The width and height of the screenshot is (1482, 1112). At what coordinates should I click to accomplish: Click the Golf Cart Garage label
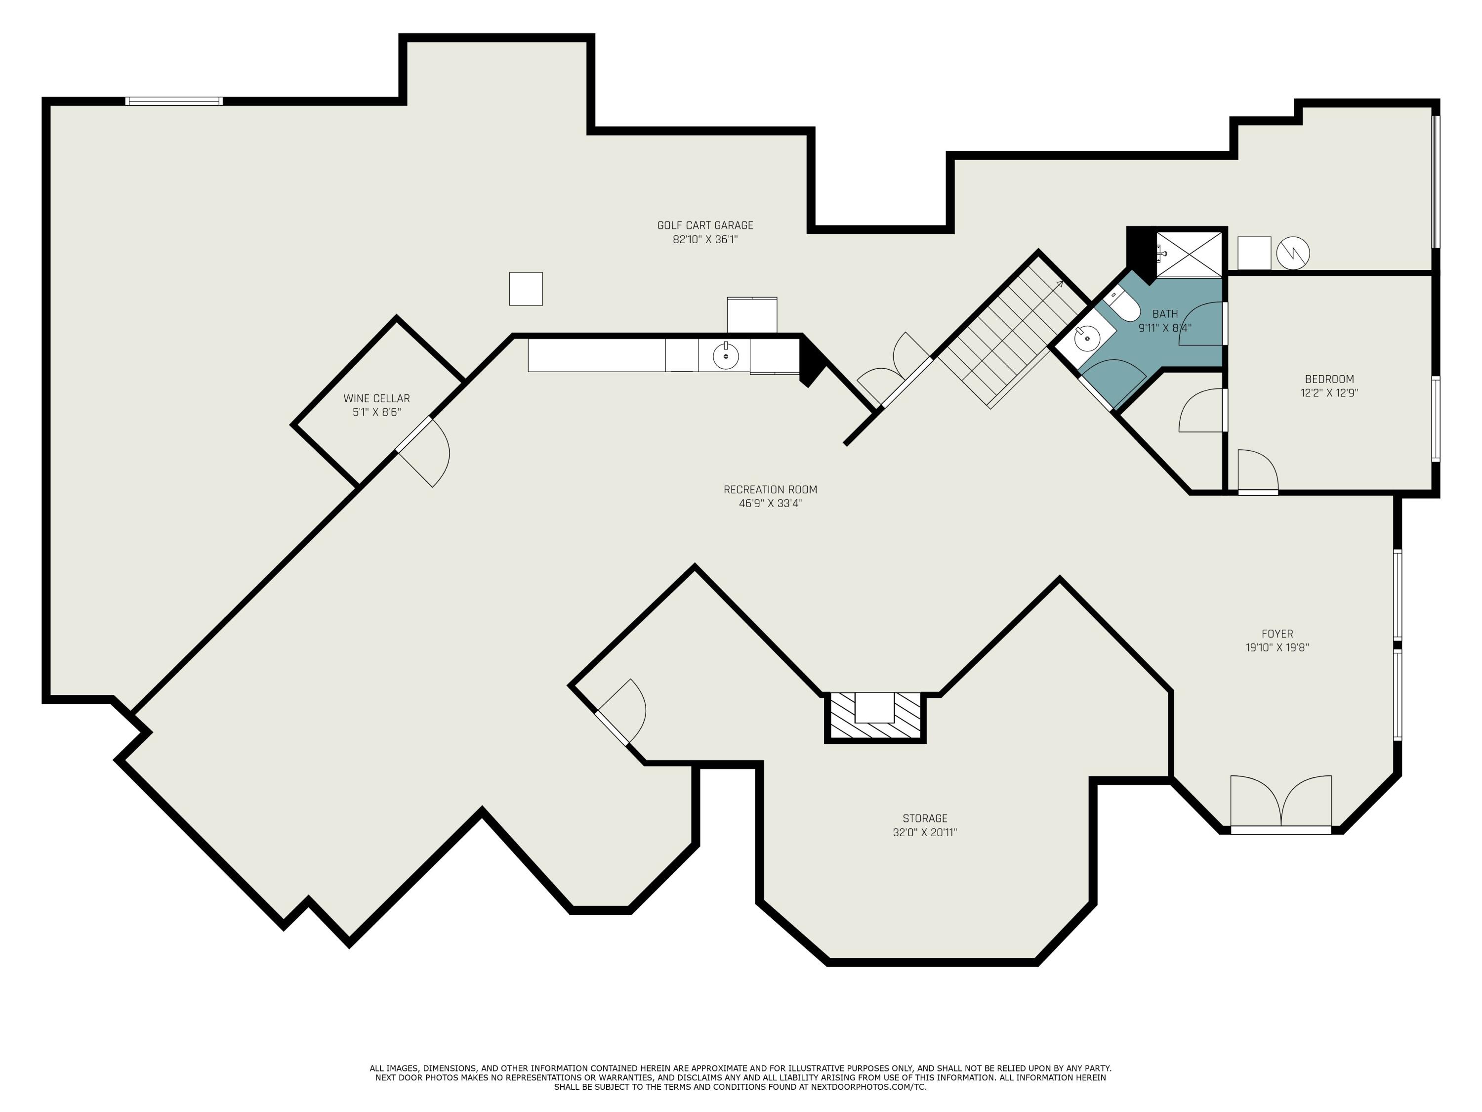[705, 226]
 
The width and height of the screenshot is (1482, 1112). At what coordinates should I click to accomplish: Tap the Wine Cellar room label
[376, 399]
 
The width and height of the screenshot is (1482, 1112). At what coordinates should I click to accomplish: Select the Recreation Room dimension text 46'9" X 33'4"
[771, 504]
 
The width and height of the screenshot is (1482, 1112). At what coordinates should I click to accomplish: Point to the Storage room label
[925, 818]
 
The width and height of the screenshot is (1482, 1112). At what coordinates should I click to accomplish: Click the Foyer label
[1277, 634]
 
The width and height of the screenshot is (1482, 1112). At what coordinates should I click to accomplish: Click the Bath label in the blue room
[1165, 314]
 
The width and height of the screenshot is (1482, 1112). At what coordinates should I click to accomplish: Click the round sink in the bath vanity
[1087, 338]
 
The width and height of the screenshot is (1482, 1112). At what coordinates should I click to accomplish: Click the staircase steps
[1005, 335]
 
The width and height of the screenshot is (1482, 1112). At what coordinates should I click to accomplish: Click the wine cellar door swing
[429, 450]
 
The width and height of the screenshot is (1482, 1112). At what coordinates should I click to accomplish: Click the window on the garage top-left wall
[174, 102]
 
